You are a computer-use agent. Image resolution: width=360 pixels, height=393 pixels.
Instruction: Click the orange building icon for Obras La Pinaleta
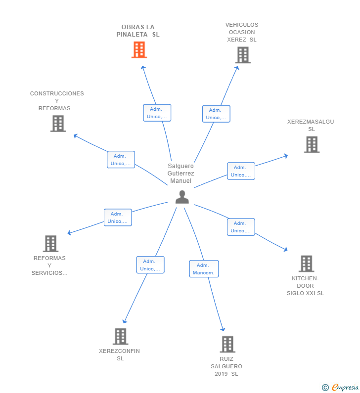(x=139, y=49)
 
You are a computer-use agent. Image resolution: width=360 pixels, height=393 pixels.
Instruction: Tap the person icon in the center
(x=182, y=197)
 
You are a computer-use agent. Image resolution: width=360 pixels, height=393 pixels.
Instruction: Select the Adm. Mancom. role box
(x=204, y=269)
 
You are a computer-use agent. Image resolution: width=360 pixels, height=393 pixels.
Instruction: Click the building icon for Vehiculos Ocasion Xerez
(x=243, y=55)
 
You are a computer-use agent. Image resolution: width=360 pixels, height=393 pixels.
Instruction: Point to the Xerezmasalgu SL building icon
(x=312, y=144)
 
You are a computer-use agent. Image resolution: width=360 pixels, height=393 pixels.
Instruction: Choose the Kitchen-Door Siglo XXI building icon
(x=306, y=263)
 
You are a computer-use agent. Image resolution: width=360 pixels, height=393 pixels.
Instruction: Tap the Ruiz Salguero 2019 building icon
(x=227, y=344)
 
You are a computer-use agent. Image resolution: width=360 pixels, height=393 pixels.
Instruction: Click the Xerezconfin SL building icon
(x=120, y=336)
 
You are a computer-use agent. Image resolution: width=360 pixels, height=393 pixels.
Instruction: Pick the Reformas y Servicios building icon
(x=50, y=243)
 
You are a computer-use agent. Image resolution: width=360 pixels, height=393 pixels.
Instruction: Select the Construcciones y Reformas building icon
(x=58, y=123)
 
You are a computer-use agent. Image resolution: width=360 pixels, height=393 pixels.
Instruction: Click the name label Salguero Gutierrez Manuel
(x=181, y=174)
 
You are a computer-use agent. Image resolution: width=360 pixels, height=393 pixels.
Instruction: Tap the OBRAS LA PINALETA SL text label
(x=138, y=31)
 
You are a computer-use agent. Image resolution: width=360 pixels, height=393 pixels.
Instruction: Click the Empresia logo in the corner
(x=341, y=387)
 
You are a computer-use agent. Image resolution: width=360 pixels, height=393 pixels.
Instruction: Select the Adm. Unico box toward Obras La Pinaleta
(x=157, y=113)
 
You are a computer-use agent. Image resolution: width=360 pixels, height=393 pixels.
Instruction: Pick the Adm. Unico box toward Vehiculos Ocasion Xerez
(x=216, y=114)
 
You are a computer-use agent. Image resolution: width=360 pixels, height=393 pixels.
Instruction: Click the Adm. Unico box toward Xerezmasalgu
(x=241, y=171)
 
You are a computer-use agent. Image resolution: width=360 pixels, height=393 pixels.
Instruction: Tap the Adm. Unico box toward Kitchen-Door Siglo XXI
(x=241, y=227)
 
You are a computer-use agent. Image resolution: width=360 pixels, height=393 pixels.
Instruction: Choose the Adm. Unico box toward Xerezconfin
(x=150, y=265)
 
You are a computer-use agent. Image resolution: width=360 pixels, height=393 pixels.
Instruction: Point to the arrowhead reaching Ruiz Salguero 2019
(x=223, y=329)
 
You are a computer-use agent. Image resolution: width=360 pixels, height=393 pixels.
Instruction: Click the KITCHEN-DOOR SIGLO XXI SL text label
(x=305, y=286)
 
